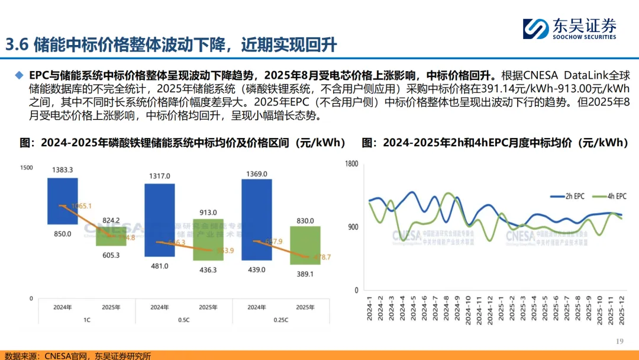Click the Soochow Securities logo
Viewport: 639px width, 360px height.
(x=569, y=28)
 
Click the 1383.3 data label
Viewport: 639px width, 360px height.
(x=62, y=170)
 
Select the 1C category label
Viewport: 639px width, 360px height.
(x=86, y=319)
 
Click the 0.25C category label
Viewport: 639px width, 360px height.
(x=280, y=319)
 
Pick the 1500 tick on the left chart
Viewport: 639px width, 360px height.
(x=26, y=168)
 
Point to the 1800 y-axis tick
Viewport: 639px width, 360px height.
(x=351, y=163)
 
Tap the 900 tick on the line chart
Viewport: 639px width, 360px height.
(x=353, y=227)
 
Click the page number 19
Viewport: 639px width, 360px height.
(x=620, y=342)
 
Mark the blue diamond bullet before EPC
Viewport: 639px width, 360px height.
(x=20, y=76)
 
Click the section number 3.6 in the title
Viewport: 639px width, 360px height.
(x=17, y=45)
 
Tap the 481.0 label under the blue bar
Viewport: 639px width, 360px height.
(x=159, y=266)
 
